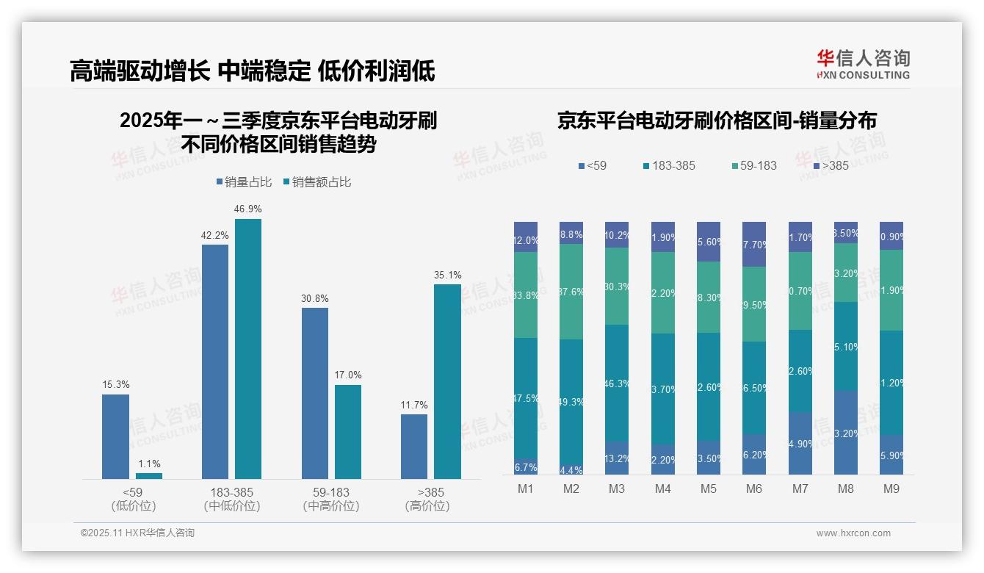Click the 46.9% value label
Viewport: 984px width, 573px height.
coord(248,209)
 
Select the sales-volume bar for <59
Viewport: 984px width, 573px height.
coord(115,436)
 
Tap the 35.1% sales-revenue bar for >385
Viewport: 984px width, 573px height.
coord(447,381)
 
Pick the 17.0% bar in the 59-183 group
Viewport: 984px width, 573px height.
coord(348,431)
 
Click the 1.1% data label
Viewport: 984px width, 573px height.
coord(148,464)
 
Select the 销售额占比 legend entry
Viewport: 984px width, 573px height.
coord(316,182)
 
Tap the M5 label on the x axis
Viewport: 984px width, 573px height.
coord(708,489)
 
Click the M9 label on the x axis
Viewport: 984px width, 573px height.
coord(891,489)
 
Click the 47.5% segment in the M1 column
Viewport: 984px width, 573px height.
coord(526,398)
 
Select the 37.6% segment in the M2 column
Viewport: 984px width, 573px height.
coord(571,292)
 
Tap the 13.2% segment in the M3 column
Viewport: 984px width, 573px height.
coord(617,458)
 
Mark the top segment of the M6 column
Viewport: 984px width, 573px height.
coord(754,244)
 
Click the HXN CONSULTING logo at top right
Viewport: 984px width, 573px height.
coord(863,64)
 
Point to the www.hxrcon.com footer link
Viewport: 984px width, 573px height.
coord(853,533)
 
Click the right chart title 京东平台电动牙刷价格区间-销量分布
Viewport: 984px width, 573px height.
coord(717,121)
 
